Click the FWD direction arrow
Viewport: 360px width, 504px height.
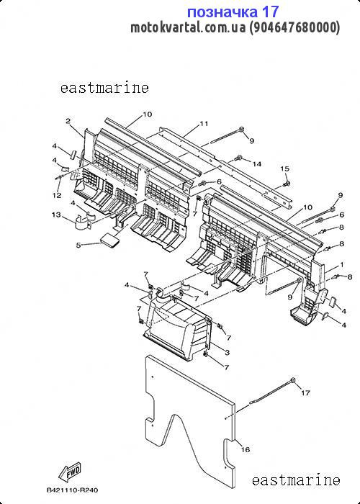(70, 471)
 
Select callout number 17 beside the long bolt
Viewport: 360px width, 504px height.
(305, 393)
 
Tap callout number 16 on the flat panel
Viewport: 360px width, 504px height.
(246, 449)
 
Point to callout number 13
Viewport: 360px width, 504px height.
(56, 215)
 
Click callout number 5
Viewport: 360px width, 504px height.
(78, 245)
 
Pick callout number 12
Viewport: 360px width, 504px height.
(57, 195)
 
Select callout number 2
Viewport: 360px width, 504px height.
(68, 121)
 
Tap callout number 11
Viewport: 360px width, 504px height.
(204, 123)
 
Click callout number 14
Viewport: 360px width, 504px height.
(256, 164)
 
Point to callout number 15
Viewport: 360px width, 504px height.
(285, 168)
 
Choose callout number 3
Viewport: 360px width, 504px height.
(228, 353)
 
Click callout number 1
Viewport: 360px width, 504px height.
(342, 264)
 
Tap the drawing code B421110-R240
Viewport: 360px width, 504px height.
(72, 490)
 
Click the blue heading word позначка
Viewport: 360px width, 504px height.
(222, 12)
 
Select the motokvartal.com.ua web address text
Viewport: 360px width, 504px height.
(188, 27)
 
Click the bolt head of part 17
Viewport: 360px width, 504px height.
(293, 380)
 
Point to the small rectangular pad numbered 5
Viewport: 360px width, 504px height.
(109, 240)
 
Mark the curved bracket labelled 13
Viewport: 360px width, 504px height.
(84, 222)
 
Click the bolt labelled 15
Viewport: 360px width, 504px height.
(286, 184)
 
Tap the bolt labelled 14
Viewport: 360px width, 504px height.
(238, 158)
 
